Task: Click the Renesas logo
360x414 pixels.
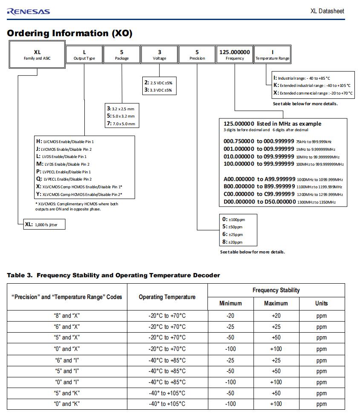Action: point(28,11)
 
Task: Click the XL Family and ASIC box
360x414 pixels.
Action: point(37,54)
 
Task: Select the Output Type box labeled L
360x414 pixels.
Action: point(84,55)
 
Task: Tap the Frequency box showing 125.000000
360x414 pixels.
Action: point(235,55)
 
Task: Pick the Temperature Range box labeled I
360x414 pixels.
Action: point(272,55)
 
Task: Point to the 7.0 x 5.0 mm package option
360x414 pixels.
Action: point(121,124)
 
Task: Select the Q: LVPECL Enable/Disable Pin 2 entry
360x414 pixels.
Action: point(64,179)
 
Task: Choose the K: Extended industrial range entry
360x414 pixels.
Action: point(312,86)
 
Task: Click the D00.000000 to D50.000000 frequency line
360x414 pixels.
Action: point(279,202)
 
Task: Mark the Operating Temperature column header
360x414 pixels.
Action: point(167,297)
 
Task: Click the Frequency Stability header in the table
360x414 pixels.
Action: point(276,290)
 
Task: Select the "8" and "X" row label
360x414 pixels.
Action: point(67,316)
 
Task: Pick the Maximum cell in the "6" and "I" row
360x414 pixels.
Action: point(276,360)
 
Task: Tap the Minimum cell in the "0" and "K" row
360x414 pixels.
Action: point(230,404)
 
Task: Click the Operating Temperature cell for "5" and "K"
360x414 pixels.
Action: point(167,393)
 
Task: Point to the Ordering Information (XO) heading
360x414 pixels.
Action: point(70,33)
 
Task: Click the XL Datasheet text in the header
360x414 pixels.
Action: point(327,11)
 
